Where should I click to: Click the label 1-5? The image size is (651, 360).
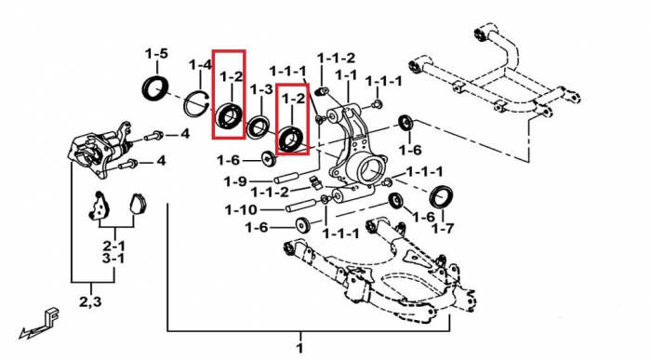156,54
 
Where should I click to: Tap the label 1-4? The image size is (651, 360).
200,65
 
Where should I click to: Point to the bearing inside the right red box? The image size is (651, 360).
292,139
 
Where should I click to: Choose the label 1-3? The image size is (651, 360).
261,89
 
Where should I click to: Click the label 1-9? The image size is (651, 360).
235,181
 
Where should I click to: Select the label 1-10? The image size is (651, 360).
241,209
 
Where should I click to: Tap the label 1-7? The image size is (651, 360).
442,228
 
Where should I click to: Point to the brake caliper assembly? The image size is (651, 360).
101,150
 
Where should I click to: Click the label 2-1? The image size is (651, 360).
114,247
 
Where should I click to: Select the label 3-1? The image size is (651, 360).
113,259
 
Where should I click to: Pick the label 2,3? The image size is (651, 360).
91,301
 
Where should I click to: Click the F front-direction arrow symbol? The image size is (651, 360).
39,323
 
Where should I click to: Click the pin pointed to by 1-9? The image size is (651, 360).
286,177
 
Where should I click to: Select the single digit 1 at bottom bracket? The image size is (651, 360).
300,348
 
